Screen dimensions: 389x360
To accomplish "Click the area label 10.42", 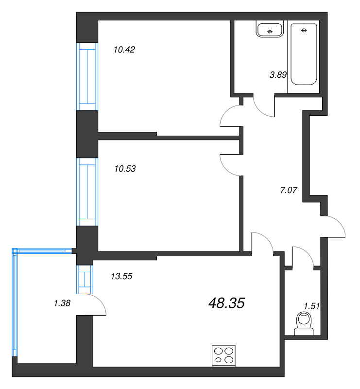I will coord(124,49).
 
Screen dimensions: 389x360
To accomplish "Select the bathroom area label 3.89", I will coord(278,75).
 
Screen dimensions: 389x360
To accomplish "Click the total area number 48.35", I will coord(226,303).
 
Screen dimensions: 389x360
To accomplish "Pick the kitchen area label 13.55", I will coord(122,276).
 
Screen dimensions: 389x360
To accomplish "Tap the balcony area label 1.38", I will coord(63,303).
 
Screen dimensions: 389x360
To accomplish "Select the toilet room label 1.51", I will coord(311,306).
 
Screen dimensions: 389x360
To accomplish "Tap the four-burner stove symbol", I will coord(224,355).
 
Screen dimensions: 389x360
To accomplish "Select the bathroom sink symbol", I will coord(270,30).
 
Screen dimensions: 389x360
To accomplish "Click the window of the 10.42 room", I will coord(87,77).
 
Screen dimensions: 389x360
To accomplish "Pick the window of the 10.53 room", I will coord(87,192).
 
